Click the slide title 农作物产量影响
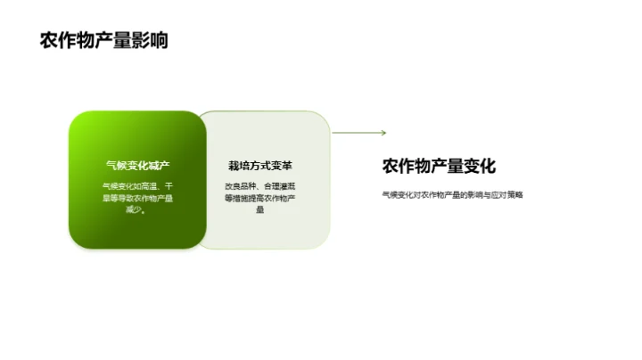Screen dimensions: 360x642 pos(103,41)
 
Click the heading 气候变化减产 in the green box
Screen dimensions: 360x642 pos(137,166)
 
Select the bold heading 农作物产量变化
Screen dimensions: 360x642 pos(439,166)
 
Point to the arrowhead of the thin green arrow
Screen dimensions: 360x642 pos(383,133)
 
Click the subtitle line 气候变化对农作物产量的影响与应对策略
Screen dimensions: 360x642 pos(452,193)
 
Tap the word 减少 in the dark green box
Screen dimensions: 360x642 pos(135,210)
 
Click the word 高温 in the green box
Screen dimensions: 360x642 pos(150,186)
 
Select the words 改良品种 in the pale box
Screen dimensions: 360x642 pos(239,186)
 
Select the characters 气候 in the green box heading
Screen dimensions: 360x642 pos(115,166)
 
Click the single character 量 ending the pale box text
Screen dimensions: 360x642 pos(260,210)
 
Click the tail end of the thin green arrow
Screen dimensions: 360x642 pos(333,133)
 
